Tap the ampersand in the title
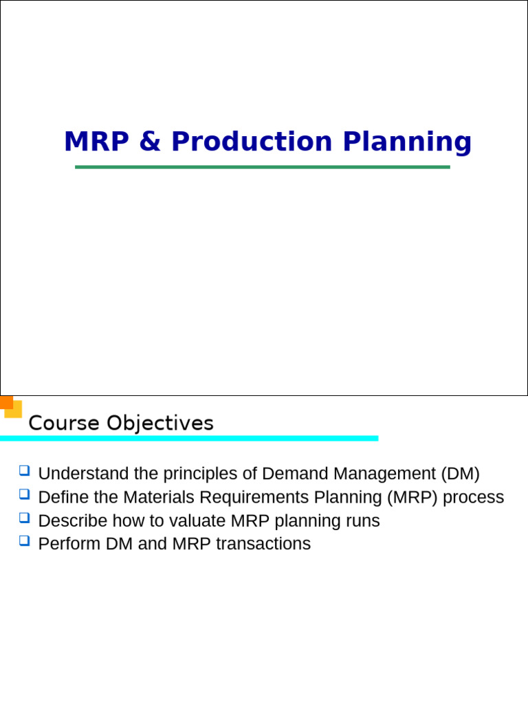150,142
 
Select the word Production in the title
252,142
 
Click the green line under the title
262,167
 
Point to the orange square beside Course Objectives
7,402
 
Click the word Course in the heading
64,423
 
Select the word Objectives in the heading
159,423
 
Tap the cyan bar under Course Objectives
189,438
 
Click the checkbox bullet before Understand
24,471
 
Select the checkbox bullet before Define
24,494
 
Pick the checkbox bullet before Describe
24,518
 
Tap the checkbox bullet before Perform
24,541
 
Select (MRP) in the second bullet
412,497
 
